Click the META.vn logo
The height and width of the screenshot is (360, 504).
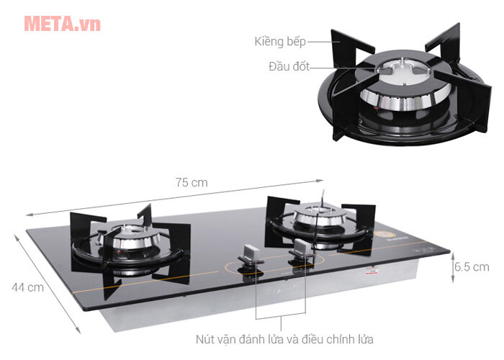(x=61, y=23)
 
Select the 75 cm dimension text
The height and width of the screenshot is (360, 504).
(x=192, y=182)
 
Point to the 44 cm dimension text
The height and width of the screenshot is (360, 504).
(x=28, y=287)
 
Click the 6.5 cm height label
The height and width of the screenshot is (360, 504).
(x=472, y=267)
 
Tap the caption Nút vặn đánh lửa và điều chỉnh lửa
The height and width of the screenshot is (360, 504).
(x=285, y=338)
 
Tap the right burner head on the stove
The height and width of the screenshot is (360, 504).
(x=318, y=215)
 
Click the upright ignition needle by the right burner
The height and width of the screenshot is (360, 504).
(x=324, y=198)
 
